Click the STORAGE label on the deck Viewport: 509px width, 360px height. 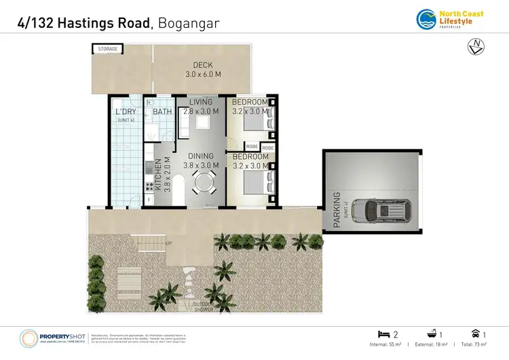(108, 49)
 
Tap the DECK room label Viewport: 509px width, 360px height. (198, 66)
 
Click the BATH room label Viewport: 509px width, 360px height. (162, 111)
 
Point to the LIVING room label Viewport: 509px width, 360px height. (201, 103)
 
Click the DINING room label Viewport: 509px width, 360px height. (201, 156)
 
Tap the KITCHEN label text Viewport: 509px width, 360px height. (159, 176)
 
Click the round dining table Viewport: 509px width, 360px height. (203, 182)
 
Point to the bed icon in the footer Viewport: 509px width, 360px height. (383, 334)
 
